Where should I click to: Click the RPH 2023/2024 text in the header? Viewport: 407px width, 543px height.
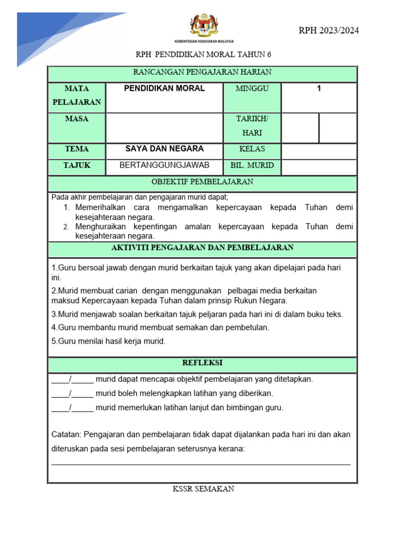pyautogui.click(x=329, y=30)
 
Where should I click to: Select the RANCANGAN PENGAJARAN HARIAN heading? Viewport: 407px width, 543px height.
pyautogui.click(x=202, y=72)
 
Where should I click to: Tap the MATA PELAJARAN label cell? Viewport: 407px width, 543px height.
pyautogui.click(x=77, y=95)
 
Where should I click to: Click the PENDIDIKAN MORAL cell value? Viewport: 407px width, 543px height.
pyautogui.click(x=164, y=89)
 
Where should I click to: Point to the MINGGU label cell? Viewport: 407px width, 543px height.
pyautogui.click(x=252, y=89)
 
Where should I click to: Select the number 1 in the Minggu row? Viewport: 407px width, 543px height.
pyautogui.click(x=319, y=89)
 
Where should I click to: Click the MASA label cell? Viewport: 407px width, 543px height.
pyautogui.click(x=77, y=119)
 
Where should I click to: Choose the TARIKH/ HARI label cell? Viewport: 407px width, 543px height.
pyautogui.click(x=252, y=126)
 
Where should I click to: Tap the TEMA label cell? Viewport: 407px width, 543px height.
pyautogui.click(x=77, y=149)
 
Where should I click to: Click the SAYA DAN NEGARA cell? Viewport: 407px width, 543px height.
pyautogui.click(x=164, y=149)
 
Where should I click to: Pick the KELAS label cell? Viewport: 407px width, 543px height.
pyautogui.click(x=252, y=149)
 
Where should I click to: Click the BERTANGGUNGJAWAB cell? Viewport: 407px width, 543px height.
pyautogui.click(x=164, y=165)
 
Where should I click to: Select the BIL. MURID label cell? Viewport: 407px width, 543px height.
pyautogui.click(x=252, y=165)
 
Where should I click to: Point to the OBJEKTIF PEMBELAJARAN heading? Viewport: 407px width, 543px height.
pyautogui.click(x=202, y=182)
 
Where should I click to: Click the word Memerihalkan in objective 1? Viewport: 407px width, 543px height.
pyautogui.click(x=99, y=207)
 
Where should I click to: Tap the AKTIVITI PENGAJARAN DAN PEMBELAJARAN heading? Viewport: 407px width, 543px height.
pyautogui.click(x=202, y=248)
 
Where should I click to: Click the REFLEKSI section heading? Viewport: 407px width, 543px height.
pyautogui.click(x=202, y=363)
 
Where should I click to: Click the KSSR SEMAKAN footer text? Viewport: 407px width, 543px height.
pyautogui.click(x=203, y=489)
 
